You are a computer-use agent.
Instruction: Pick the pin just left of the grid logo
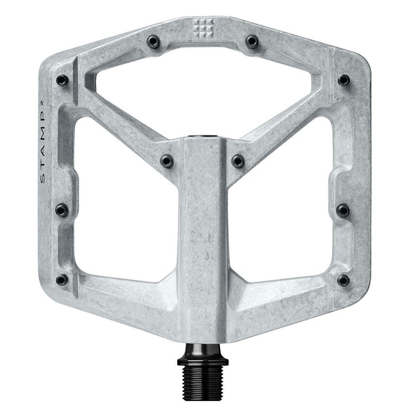click(153, 41)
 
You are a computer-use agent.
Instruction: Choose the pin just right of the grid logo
click(251, 41)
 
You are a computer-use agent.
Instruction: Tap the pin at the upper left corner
click(62, 80)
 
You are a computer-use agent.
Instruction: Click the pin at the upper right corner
click(344, 80)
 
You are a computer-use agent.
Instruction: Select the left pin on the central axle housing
click(167, 161)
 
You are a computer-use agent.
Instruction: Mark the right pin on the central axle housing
click(238, 161)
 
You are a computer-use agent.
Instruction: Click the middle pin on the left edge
click(61, 211)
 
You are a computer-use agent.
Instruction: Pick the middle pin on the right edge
click(342, 211)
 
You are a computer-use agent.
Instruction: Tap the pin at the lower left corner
click(62, 280)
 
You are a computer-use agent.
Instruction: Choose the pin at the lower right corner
click(343, 280)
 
